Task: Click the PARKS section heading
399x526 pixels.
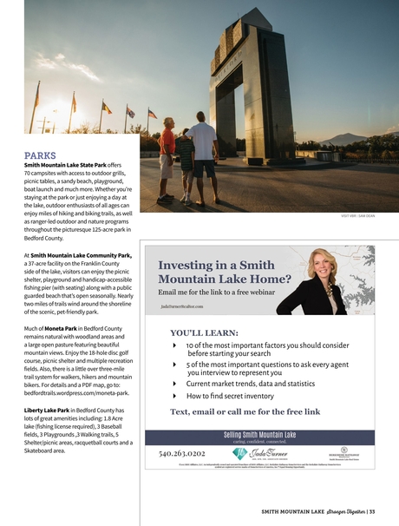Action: pyautogui.click(x=42, y=155)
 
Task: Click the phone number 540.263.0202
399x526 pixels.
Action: pyautogui.click(x=182, y=452)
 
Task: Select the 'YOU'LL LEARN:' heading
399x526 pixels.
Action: pyautogui.click(x=205, y=332)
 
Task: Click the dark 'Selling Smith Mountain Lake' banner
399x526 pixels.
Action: pyautogui.click(x=260, y=434)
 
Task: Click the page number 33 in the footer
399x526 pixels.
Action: pyautogui.click(x=371, y=510)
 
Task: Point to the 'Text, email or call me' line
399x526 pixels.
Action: pyautogui.click(x=245, y=411)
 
